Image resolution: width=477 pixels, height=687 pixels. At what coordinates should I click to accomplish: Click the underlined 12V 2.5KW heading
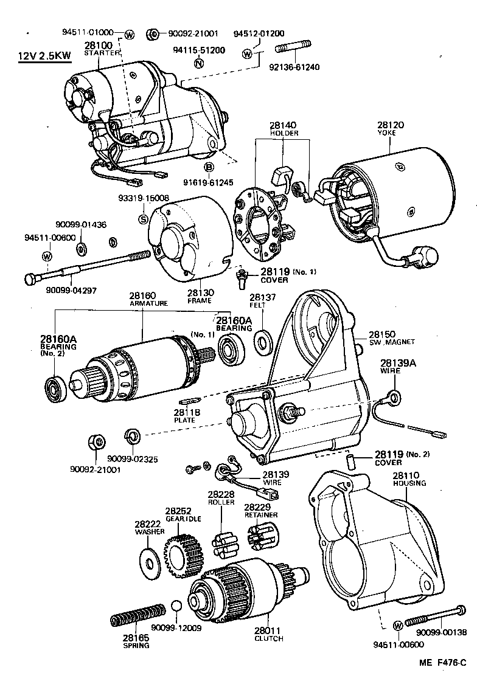coord(44,56)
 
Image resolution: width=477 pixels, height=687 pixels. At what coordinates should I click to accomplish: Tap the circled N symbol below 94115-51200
coord(198,63)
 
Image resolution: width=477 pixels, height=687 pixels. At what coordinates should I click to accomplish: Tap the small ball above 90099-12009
coord(176,607)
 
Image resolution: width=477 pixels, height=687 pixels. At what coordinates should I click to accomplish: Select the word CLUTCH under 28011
coord(268,639)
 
